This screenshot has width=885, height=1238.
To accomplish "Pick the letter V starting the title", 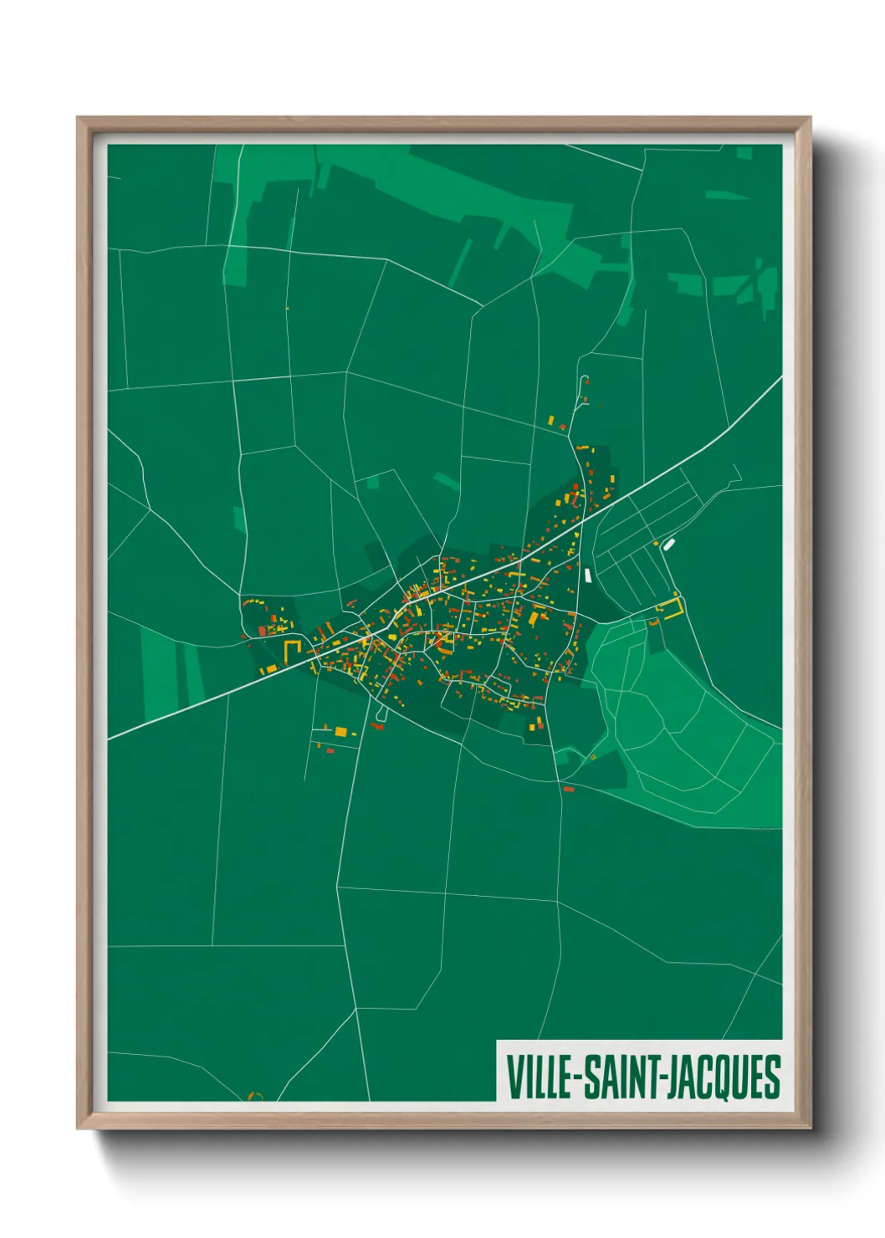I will tap(513, 1077).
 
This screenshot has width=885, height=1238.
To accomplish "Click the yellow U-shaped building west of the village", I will tap(292, 650).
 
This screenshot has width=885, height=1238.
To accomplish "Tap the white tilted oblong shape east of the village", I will tap(668, 545).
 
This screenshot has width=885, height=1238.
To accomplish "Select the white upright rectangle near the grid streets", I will tap(589, 575).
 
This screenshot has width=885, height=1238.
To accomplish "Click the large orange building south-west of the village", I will tap(341, 732).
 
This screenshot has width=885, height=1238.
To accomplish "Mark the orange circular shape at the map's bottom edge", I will tap(256, 1095).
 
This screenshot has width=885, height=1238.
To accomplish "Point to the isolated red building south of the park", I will tap(569, 789).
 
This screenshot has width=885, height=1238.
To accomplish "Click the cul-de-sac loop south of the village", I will tap(381, 715).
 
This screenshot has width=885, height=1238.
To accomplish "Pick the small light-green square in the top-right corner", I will tap(744, 153).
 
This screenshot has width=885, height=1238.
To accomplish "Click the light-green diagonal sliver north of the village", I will tap(446, 481).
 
